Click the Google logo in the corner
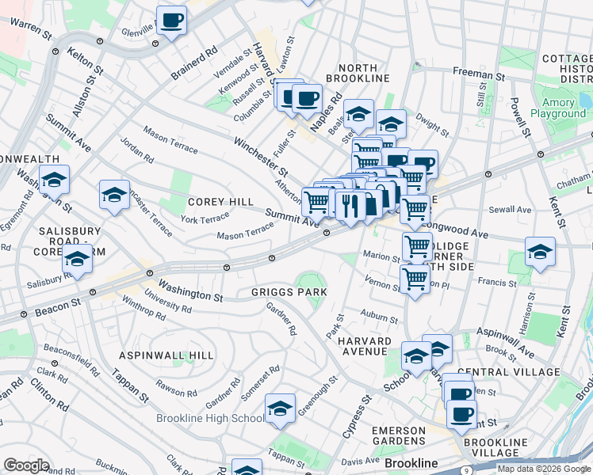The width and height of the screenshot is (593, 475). pos(26,465)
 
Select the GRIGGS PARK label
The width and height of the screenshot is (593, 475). pos(289,292)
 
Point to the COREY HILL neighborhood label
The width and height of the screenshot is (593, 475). pos(220,202)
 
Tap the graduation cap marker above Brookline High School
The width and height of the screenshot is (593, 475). pos(280,408)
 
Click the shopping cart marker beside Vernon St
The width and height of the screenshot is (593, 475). pos(415,279)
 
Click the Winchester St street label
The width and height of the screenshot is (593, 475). pos(260,156)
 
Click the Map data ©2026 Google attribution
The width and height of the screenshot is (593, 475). pos(543,468)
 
